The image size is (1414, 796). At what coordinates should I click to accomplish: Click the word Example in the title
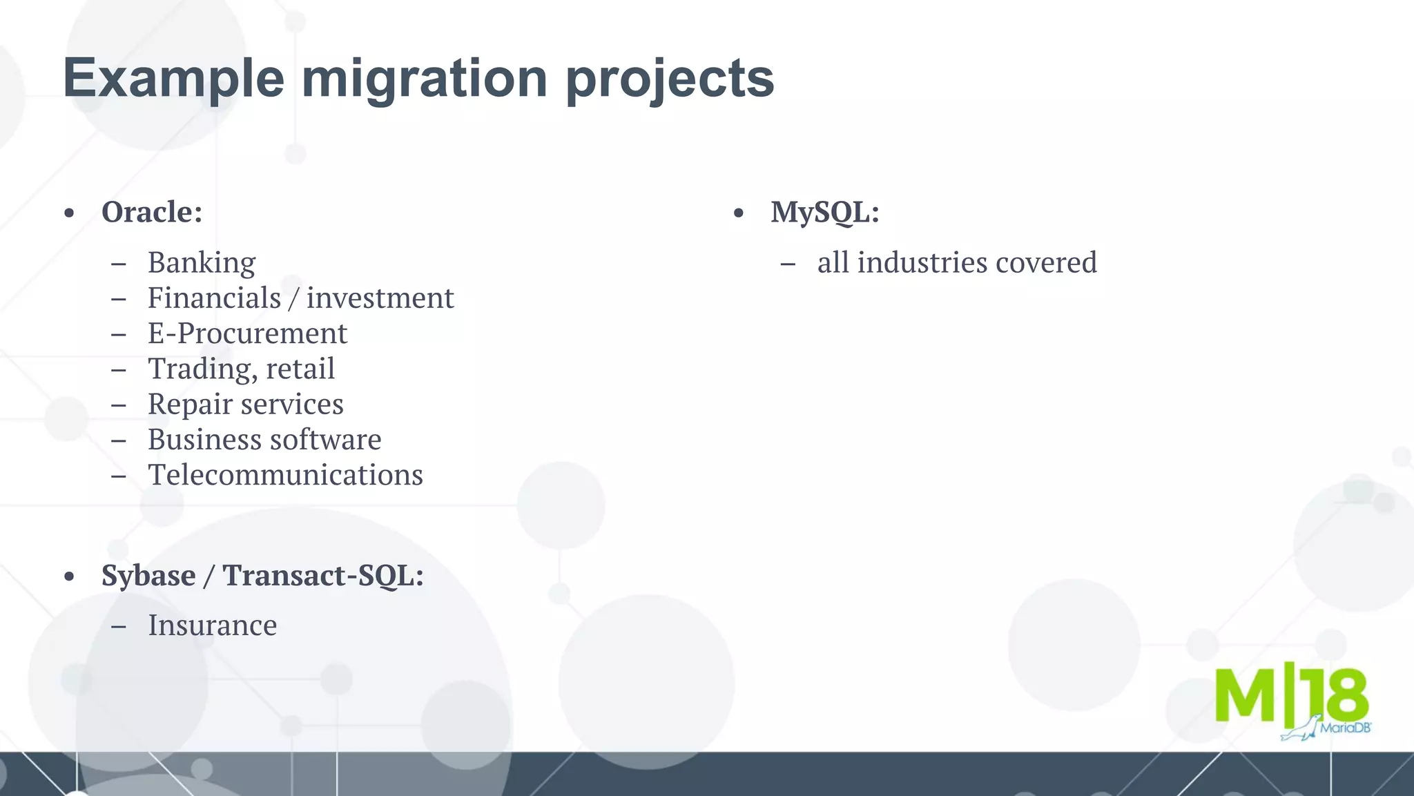173,78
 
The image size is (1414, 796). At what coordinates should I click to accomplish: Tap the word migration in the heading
425,78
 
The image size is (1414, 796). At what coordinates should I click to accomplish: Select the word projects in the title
670,78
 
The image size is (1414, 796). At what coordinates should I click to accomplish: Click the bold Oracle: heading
152,212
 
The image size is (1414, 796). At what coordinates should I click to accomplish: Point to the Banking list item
202,263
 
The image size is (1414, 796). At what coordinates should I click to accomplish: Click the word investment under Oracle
380,298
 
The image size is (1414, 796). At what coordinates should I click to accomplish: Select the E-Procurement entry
247,333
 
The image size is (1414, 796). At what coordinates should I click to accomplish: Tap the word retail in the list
300,369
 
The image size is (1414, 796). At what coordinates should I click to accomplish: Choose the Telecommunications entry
285,475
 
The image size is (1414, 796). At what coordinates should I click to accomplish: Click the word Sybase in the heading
148,576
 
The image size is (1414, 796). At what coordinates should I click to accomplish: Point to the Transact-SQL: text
323,576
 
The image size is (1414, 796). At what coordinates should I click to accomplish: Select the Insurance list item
212,625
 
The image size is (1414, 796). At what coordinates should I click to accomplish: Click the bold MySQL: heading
825,212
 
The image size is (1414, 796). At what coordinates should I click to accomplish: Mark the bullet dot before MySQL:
739,213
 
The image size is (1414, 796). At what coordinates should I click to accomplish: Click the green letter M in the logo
1245,696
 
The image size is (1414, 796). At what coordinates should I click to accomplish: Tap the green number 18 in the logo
1333,696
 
